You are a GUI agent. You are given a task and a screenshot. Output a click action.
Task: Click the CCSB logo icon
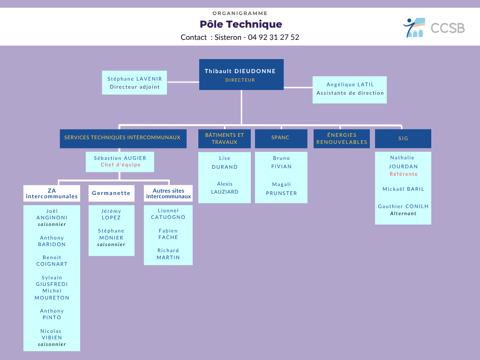[414, 28]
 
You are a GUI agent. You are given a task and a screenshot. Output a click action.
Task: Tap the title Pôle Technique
[241, 24]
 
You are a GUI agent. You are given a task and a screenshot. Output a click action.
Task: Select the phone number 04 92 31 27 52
[273, 37]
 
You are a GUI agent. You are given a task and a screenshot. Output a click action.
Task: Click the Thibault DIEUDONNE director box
[241, 75]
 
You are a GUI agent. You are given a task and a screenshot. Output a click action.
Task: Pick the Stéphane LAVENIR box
[135, 82]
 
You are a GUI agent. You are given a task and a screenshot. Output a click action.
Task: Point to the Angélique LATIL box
[350, 89]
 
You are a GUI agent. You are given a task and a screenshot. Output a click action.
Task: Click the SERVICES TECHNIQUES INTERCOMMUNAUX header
[123, 138]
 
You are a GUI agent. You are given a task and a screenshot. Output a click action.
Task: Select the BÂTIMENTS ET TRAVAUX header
[225, 139]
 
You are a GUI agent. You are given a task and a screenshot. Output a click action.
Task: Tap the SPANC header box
[281, 138]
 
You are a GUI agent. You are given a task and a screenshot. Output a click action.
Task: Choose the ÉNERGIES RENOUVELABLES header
[342, 139]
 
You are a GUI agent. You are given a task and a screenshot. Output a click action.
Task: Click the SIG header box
[403, 139]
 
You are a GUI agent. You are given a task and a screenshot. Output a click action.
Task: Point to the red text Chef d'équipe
[120, 165]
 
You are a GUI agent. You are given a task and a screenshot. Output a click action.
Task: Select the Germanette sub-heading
[111, 193]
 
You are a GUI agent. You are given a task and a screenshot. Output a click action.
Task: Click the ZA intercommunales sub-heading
[52, 193]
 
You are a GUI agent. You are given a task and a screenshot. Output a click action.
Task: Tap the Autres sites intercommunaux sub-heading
[168, 193]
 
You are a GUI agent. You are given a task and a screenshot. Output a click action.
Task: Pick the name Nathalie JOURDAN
[403, 162]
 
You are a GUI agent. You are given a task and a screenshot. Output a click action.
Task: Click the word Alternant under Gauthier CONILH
[403, 214]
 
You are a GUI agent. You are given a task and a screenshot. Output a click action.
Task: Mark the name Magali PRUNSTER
[281, 189]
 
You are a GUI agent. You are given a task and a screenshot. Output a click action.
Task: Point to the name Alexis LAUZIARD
[225, 188]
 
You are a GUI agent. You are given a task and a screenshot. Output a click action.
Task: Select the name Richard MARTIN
[168, 254]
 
